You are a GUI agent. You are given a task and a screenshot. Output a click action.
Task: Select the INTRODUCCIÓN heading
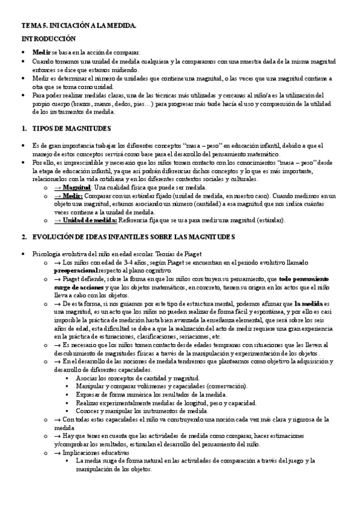pos(48,38)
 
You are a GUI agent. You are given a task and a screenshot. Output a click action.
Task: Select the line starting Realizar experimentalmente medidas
pos(166,403)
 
